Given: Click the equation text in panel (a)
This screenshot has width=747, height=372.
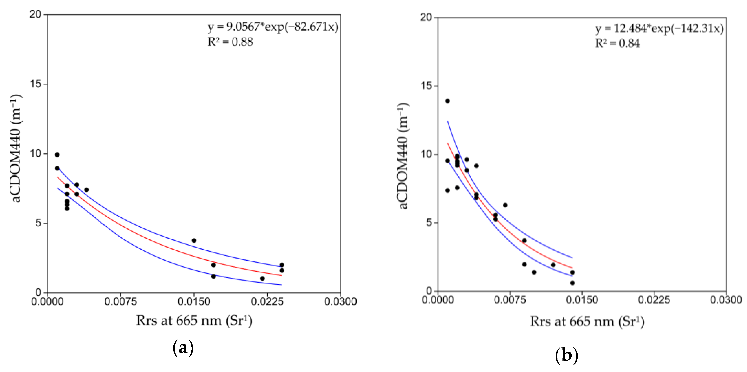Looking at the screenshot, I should (273, 27).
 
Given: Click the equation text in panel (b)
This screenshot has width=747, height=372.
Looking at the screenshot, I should (659, 28).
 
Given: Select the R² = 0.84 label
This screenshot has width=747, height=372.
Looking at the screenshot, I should (617, 44).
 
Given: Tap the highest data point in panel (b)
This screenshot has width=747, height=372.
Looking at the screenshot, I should (448, 101).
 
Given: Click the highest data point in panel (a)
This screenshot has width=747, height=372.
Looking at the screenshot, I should (57, 155).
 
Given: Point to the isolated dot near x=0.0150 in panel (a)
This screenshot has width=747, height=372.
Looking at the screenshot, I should (194, 241).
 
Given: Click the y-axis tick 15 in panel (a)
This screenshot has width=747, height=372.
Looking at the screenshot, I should (35, 84).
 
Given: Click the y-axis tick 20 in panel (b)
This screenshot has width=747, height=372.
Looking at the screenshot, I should (426, 17).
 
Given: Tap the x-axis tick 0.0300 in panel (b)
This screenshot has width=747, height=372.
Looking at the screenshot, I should (726, 300).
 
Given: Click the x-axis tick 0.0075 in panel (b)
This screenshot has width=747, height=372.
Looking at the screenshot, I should (510, 300).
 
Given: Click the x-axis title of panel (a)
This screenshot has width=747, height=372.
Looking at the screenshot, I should (194, 321).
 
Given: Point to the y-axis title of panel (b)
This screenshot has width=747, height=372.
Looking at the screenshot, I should (403, 155).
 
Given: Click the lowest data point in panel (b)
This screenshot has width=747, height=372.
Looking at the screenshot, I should (572, 283).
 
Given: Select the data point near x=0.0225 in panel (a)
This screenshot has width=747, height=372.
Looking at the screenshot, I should (262, 279).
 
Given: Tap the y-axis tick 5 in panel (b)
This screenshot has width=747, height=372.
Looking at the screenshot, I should (429, 223).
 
